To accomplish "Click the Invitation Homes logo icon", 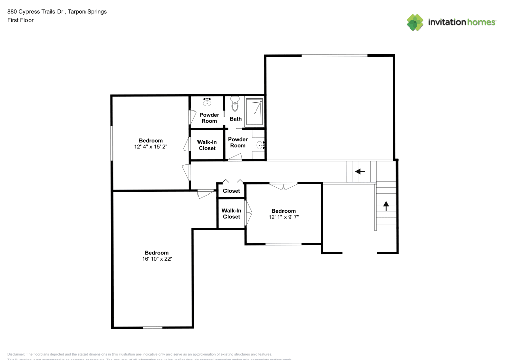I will (x=415, y=22).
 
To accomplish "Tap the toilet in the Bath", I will (x=235, y=104).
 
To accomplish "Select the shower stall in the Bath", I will (x=255, y=112).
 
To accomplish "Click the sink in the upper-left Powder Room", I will (x=208, y=102).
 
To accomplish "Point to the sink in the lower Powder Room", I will (x=261, y=145).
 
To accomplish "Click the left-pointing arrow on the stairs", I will (x=360, y=171).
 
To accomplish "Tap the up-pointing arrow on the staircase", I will (x=386, y=206).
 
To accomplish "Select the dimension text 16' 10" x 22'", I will (x=156, y=259).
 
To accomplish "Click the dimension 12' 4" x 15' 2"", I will (x=151, y=147).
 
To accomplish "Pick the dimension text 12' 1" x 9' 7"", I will (x=284, y=217).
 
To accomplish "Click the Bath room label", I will (x=236, y=119).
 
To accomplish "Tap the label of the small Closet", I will (x=232, y=191).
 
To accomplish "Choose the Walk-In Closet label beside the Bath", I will (x=207, y=145).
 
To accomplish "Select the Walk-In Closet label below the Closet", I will (x=231, y=213).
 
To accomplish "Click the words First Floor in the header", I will (x=20, y=20).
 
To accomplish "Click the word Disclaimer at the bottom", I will (x=16, y=354).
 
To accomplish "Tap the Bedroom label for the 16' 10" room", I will (x=156, y=253).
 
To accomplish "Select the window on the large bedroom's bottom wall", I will (x=152, y=327).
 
